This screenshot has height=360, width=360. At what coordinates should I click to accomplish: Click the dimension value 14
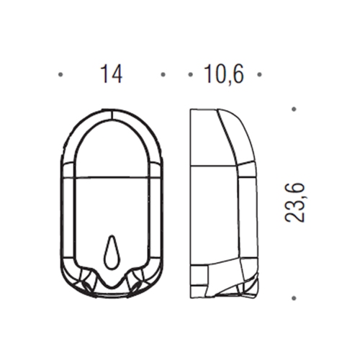coord(112,73)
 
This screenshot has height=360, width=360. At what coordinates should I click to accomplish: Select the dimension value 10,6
coord(224,74)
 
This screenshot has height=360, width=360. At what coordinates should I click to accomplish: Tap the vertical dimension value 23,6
coord(294,202)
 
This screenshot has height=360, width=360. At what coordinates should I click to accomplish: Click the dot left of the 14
coord(60,75)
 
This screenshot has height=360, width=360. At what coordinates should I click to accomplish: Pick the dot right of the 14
coord(163,75)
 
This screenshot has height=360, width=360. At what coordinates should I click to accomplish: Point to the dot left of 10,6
coord(191,75)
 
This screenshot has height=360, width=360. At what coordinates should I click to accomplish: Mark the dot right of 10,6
coord(259,75)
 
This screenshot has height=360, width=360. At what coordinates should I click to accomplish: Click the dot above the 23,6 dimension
coord(294,109)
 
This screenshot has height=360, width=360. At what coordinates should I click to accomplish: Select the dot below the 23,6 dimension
coord(294,298)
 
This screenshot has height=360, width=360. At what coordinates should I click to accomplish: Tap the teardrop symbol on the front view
coord(112,252)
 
